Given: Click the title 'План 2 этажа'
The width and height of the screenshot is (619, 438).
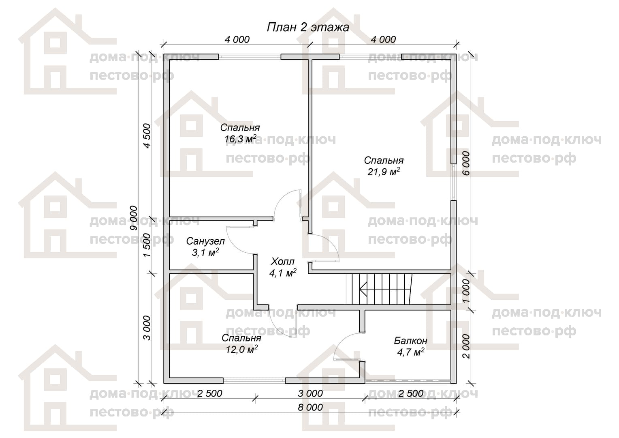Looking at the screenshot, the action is pos(308,28).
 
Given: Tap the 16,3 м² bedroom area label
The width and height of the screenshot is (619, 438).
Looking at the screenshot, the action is pos(240,139).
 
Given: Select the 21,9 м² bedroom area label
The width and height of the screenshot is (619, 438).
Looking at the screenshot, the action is pos(384,172).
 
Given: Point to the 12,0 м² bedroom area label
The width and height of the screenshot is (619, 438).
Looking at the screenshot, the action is pos(242,350).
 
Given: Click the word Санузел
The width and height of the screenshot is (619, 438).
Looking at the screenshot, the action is pos(205,241).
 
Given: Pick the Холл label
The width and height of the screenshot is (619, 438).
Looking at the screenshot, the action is pos(282,261).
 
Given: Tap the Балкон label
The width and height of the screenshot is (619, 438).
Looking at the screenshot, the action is pos(411,341).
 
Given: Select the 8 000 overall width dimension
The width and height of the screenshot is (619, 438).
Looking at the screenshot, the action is pos(310,407).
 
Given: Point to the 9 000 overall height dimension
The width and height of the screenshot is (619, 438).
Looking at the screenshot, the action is pos(134,218).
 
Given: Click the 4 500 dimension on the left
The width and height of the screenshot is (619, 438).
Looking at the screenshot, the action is pos(147,136).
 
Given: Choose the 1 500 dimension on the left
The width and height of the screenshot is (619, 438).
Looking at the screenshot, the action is pos(147,245).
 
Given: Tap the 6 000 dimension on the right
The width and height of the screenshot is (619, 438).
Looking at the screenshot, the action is pos(465,163).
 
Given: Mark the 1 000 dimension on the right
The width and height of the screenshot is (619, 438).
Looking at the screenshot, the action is pos(465,291).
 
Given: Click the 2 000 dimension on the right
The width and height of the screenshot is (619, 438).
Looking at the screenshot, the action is pos(465,346).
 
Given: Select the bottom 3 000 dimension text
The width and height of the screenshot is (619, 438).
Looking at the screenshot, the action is pos(310,393).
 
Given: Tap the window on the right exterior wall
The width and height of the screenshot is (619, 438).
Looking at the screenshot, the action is pos(453,182).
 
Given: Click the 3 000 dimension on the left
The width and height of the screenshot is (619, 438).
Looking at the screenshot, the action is pos(147,328).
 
